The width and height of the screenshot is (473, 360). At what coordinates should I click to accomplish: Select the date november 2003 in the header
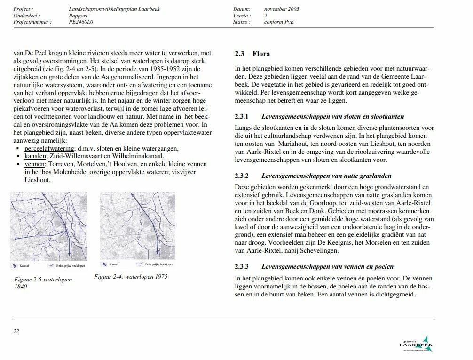[282, 9]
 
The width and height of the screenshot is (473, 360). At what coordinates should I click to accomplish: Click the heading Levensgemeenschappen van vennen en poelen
[328, 266]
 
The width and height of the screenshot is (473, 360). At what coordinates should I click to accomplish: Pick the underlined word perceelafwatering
[49, 149]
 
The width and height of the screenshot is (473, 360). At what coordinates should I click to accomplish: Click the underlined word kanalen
[36, 156]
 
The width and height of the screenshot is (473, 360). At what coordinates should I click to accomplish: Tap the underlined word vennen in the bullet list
[35, 164]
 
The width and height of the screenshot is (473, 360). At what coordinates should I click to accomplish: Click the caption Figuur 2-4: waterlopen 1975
[131, 277]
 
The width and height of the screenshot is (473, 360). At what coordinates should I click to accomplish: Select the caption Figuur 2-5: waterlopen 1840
[43, 283]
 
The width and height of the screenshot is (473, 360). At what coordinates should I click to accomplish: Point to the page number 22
[16, 331]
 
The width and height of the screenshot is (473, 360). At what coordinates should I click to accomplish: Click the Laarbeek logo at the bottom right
[417, 345]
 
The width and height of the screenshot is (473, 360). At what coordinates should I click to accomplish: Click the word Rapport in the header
[78, 15]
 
